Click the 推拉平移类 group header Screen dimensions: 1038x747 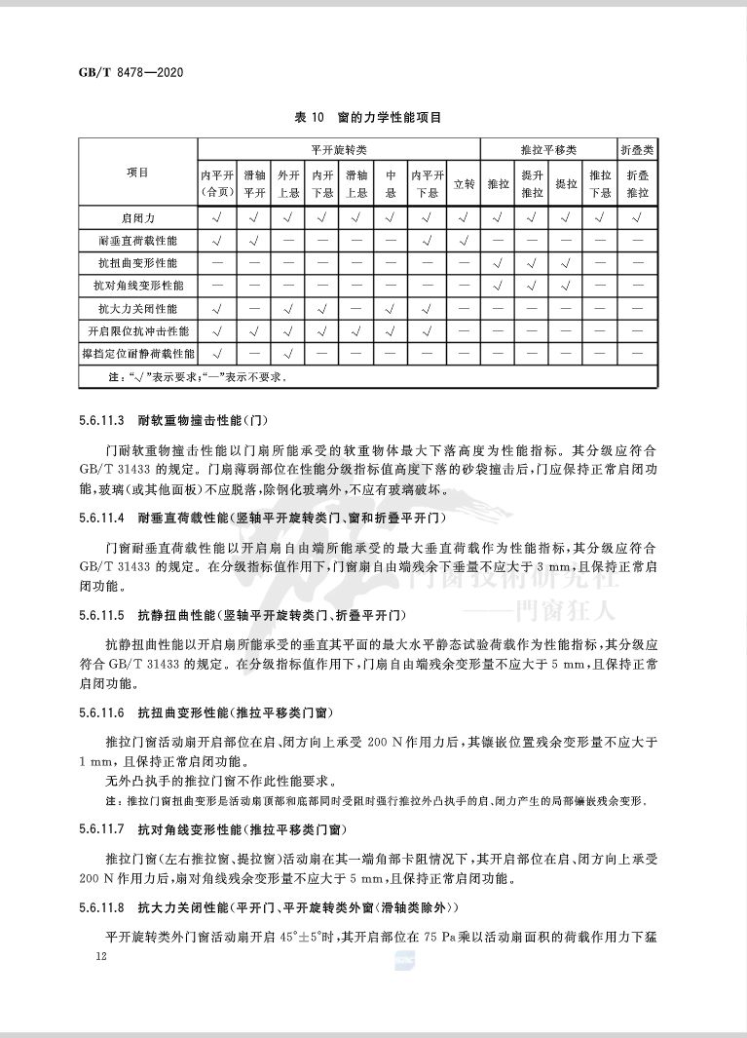(548, 149)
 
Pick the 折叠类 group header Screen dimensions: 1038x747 (637, 149)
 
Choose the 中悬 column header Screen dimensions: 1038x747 (391, 183)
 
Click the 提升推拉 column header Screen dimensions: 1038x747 (531, 183)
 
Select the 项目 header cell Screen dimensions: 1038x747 (138, 173)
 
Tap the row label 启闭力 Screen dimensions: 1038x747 (138, 216)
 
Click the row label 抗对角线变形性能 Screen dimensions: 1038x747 (138, 286)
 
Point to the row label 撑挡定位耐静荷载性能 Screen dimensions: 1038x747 (138, 353)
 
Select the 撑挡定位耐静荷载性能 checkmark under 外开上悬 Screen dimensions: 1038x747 (289, 353)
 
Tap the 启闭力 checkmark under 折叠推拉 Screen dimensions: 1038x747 (637, 216)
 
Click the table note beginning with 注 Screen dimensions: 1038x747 (195, 375)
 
